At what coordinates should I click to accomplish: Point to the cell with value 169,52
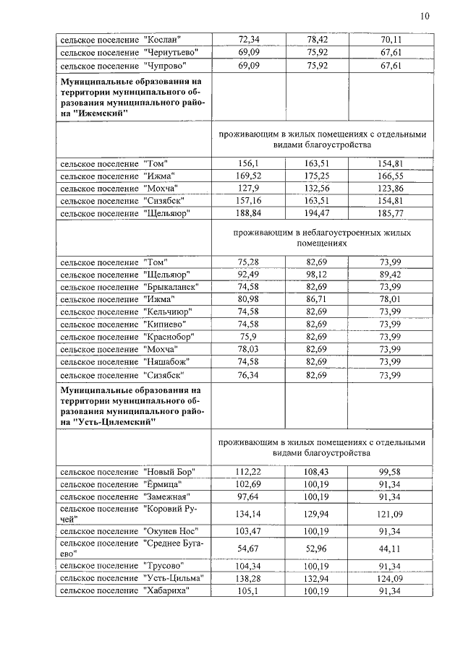click(248, 176)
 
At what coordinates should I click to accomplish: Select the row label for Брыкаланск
click(129, 287)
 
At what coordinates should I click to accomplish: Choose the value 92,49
click(248, 275)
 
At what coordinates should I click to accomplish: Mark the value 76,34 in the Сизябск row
click(248, 375)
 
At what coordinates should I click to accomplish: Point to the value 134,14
click(248, 515)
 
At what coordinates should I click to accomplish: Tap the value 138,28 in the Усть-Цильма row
click(248, 578)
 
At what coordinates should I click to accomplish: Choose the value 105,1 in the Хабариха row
click(248, 591)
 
